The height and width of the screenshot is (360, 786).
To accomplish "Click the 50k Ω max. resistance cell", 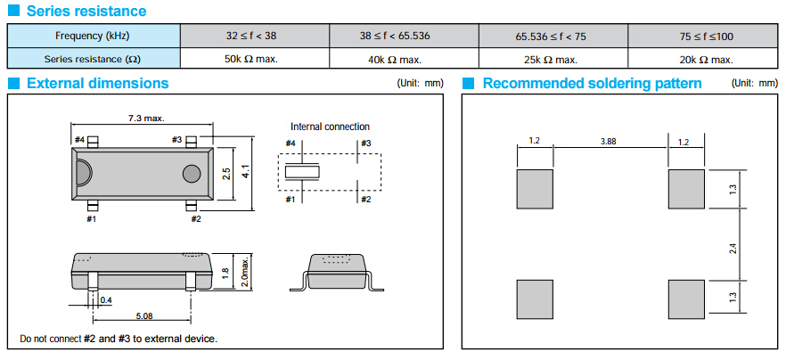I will click(x=255, y=59).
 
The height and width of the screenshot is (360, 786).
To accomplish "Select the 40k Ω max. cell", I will click(x=404, y=59).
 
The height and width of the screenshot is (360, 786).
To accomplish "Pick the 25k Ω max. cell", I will click(x=553, y=59).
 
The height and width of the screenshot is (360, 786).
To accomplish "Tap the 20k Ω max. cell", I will click(x=704, y=59).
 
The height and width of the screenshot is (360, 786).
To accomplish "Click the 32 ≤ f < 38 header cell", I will click(x=255, y=36).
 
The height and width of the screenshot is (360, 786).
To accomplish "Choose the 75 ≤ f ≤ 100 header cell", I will click(x=704, y=36).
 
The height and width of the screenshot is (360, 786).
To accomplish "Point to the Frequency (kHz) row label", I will click(x=94, y=36).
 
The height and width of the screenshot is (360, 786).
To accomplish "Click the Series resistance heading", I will click(x=86, y=12).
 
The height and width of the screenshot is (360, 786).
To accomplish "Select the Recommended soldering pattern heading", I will click(x=592, y=84).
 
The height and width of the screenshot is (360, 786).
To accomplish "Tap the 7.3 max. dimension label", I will click(x=146, y=118).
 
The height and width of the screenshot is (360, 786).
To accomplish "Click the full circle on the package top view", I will click(x=192, y=173).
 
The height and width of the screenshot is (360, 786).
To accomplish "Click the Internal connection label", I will click(x=330, y=127).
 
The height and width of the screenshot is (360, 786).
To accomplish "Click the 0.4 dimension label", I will click(x=107, y=299).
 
